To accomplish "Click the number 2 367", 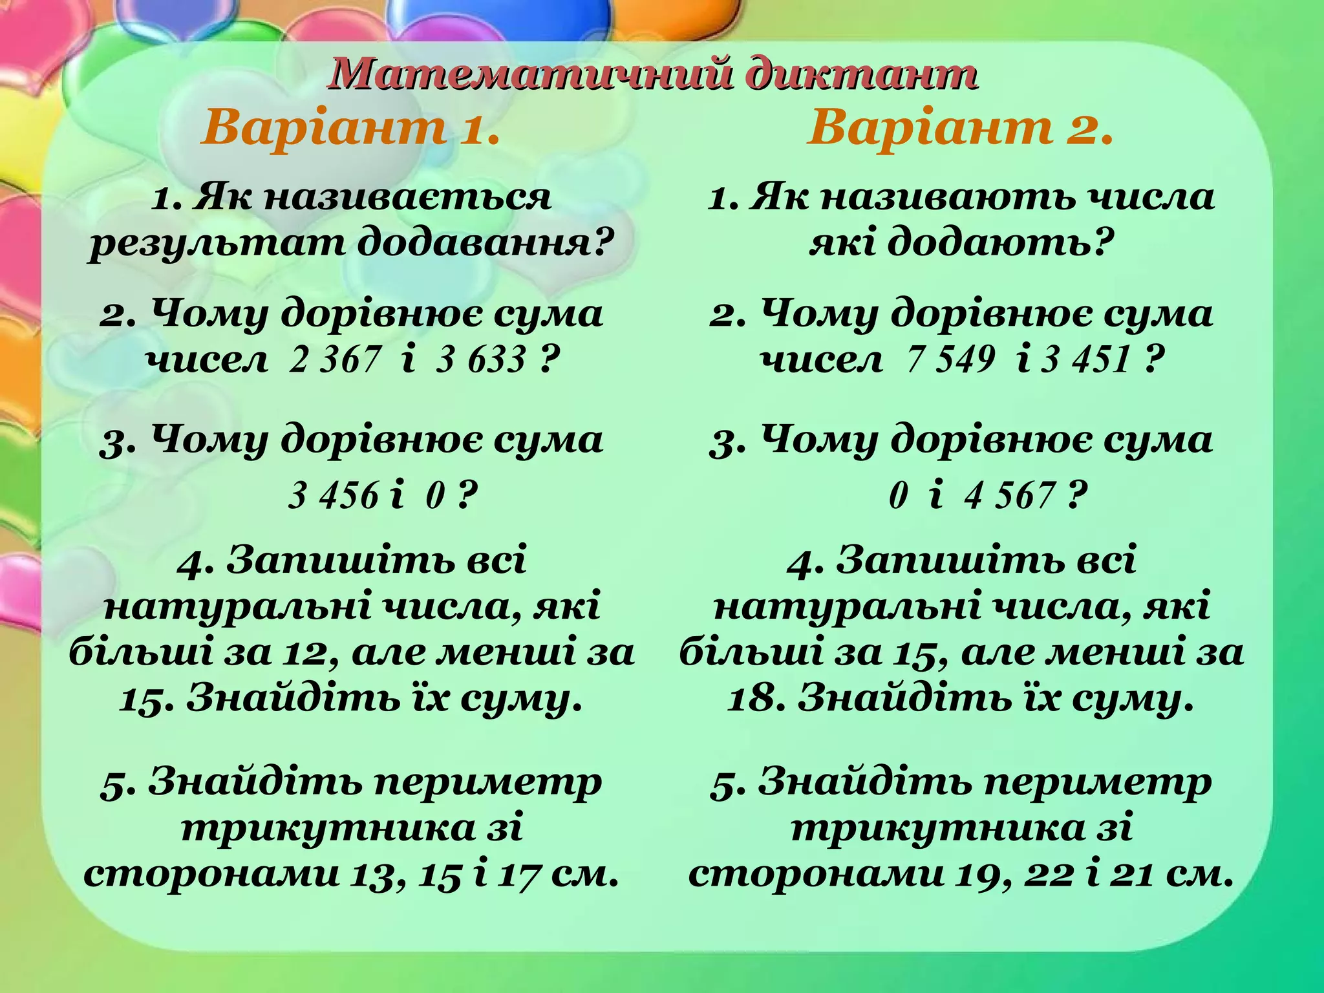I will pos(335,359).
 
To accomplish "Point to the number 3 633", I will pos(481,359).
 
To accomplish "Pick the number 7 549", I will pos(950,359).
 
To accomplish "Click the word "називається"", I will pos(408,197).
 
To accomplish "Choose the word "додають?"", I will pos(999,244).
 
